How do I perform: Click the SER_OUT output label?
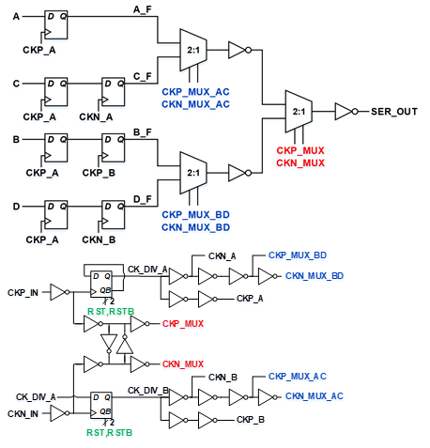coord(394,112)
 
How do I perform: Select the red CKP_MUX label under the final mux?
coord(300,150)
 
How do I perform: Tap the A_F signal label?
coord(143,9)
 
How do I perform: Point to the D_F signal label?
coord(143,199)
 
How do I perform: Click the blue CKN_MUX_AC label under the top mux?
coord(195,104)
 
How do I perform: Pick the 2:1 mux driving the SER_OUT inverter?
coord(299,112)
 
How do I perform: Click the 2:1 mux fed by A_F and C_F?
coord(193,50)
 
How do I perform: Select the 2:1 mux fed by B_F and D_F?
coord(193,173)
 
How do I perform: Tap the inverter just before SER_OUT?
coord(346,112)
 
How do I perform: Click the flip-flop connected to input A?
coord(55,24)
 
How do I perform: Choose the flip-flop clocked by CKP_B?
coord(113,147)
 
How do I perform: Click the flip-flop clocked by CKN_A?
coord(113,92)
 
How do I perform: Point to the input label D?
coord(16,207)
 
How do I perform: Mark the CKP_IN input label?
coord(23,293)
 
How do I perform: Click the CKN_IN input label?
coord(23,414)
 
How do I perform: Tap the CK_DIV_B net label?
coord(148,391)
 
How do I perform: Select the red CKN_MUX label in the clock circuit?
coord(183,364)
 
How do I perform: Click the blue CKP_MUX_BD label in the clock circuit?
coord(298,255)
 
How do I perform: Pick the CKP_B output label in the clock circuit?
coord(251,420)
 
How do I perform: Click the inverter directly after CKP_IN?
coord(59,292)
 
